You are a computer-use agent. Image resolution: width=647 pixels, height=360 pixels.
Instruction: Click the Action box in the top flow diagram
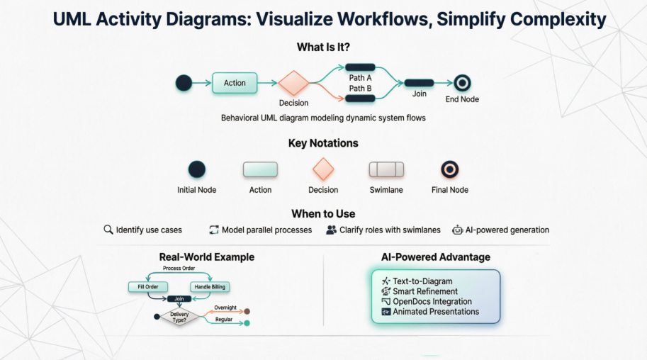pos(235,83)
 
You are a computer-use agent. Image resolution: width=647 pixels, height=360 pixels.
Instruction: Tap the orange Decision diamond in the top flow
pos(293,83)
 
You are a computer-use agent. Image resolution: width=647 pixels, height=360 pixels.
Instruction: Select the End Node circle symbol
pos(462,83)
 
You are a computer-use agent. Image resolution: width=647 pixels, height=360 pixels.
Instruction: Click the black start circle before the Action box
pos(184,83)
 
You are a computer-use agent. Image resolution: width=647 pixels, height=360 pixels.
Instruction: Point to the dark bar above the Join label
pos(419,83)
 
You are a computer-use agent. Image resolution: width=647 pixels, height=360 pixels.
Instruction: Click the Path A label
pos(360,77)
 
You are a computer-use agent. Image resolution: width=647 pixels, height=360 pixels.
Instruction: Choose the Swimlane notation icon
pos(386,169)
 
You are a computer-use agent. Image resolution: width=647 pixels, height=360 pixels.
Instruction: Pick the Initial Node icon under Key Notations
pos(196,169)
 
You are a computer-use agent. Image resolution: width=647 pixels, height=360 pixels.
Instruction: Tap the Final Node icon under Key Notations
pos(449,169)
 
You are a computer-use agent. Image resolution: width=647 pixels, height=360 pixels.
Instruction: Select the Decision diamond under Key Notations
pos(323,169)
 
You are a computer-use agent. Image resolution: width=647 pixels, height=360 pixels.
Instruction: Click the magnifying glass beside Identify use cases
pos(108,230)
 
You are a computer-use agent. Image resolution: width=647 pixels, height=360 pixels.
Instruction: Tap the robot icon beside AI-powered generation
pos(458,230)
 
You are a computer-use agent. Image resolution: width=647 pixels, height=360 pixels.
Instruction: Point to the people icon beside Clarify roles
pos(331,230)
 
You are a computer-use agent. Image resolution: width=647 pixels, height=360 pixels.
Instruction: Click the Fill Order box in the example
pos(147,287)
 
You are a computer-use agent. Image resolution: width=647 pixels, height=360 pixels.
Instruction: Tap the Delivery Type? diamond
pos(179,317)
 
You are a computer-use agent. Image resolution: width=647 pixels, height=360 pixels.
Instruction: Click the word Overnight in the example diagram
pos(225,308)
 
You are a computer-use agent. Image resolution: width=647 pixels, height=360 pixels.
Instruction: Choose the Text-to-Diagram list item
pos(422,281)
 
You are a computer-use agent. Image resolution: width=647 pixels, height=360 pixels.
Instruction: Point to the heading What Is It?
pos(323,47)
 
